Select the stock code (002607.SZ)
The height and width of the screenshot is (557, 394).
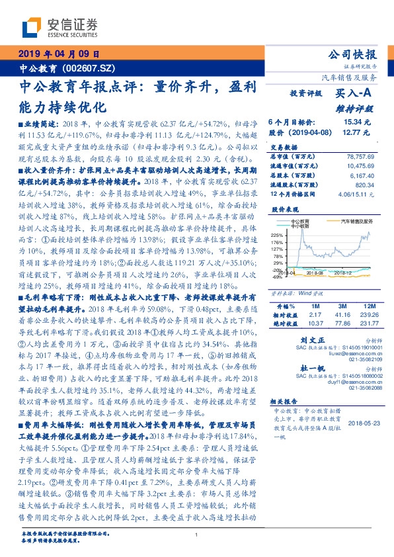(84, 67)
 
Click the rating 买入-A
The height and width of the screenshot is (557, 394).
(354, 94)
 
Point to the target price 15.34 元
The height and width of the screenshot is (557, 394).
(358, 122)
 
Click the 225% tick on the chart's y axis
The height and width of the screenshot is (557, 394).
(276, 234)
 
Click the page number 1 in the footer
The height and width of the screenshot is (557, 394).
(196, 535)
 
